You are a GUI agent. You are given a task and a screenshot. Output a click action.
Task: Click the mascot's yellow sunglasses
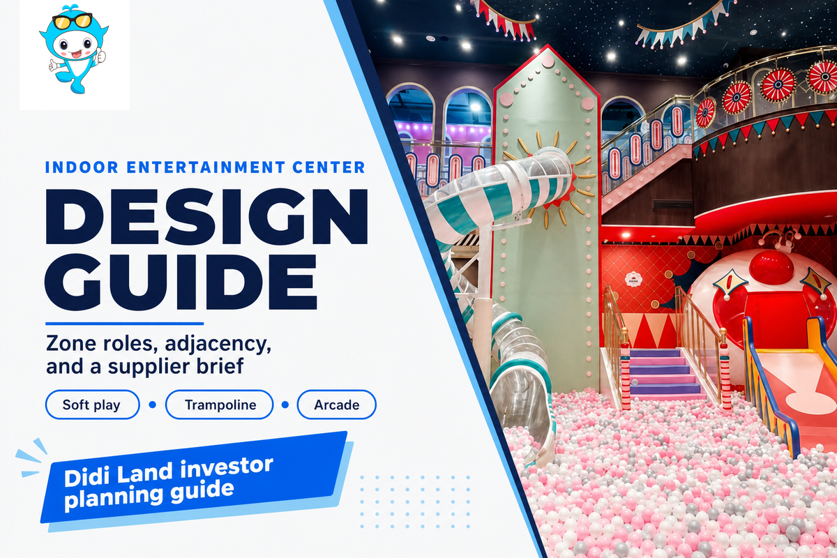click(x=72, y=21)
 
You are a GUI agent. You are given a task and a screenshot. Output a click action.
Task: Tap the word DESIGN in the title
click(x=206, y=217)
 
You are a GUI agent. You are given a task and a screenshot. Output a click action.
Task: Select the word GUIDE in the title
click(x=181, y=282)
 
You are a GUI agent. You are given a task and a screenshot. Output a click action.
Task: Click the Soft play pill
click(x=92, y=405)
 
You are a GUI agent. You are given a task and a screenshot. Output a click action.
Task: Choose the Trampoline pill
click(x=220, y=405)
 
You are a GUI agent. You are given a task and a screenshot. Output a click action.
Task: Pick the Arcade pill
click(x=337, y=405)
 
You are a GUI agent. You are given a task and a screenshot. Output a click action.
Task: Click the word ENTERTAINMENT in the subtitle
click(x=206, y=167)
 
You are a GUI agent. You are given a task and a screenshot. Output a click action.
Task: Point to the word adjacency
click(x=218, y=344)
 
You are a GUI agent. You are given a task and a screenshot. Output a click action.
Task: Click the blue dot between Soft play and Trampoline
click(x=153, y=405)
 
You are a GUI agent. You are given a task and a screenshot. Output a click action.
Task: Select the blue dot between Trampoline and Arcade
click(x=285, y=405)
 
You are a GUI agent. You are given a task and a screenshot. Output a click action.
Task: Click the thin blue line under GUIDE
click(x=124, y=324)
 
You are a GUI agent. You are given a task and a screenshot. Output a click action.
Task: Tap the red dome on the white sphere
click(x=771, y=266)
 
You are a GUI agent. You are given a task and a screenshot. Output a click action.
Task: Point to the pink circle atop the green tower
click(x=548, y=61)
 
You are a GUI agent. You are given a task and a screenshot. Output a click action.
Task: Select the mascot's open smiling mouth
click(x=76, y=54)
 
